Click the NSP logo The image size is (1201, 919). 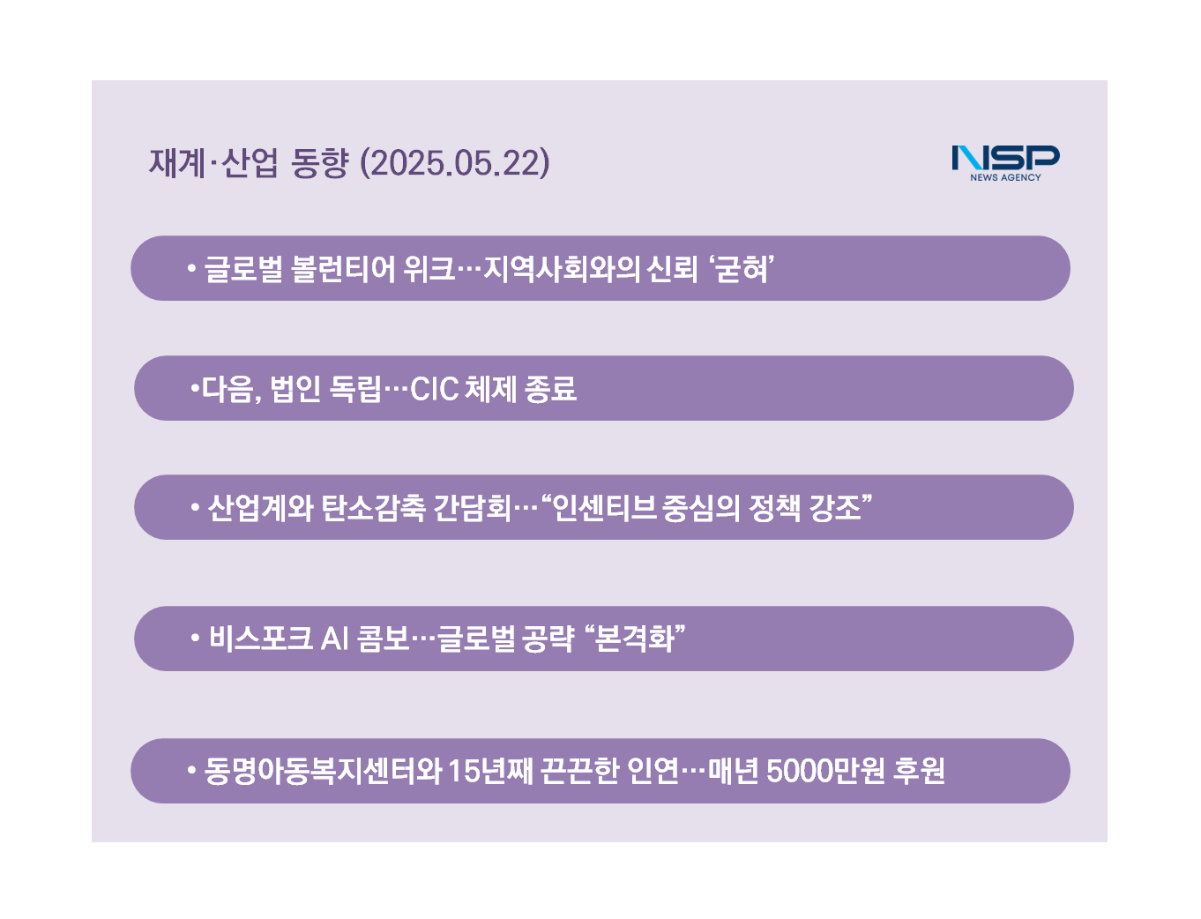click(x=1005, y=163)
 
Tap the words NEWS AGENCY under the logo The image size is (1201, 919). click(x=1005, y=177)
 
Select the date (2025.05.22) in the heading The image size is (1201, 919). click(x=455, y=163)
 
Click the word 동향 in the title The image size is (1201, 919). click(x=319, y=163)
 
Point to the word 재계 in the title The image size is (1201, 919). click(x=176, y=163)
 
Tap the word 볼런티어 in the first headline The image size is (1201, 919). click(x=343, y=269)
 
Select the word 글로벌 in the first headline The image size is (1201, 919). click(x=243, y=269)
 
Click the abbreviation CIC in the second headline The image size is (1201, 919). click(x=434, y=389)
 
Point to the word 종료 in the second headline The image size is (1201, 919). click(x=550, y=389)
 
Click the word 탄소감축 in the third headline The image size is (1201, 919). click(x=373, y=508)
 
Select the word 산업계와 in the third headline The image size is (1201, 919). click(x=260, y=508)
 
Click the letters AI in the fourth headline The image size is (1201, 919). click(x=334, y=639)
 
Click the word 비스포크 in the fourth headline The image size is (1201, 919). click(x=260, y=639)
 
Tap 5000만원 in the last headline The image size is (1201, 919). click(x=825, y=771)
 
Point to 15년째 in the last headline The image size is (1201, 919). click(x=489, y=771)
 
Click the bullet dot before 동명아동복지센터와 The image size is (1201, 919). click(x=191, y=770)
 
